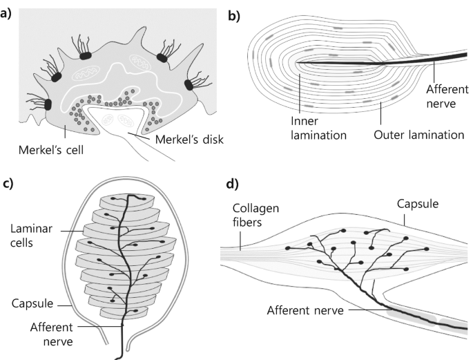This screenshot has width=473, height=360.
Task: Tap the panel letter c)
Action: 8,184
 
